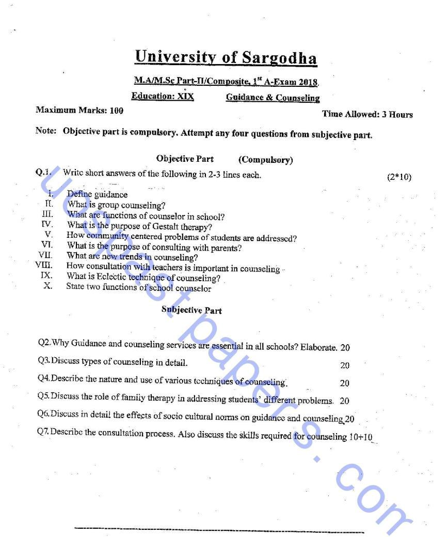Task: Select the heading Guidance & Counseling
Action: pyautogui.click(x=273, y=97)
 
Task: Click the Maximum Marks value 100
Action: pyautogui.click(x=117, y=110)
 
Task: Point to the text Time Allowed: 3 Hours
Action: pyautogui.click(x=367, y=114)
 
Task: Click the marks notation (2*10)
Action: pyautogui.click(x=399, y=177)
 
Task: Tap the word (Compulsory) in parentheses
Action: pyautogui.click(x=265, y=160)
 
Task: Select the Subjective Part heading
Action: pyautogui.click(x=191, y=310)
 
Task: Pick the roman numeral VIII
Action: pyautogui.click(x=45, y=266)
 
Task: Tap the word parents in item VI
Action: pyautogui.click(x=228, y=248)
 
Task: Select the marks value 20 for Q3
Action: pyautogui.click(x=345, y=365)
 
